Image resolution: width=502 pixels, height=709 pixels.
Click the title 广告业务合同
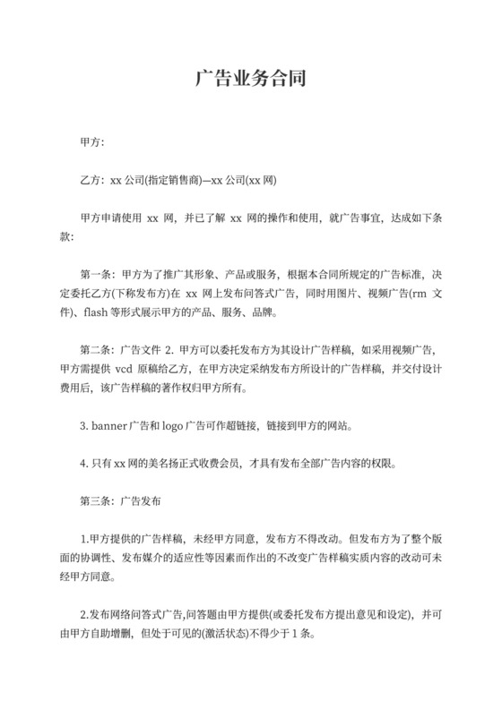click(x=251, y=79)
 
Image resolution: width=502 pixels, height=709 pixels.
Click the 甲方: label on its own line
click(x=93, y=141)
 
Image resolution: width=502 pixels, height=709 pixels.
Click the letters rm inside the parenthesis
click(x=416, y=294)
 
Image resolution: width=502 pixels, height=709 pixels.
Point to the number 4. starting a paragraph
click(x=84, y=464)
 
